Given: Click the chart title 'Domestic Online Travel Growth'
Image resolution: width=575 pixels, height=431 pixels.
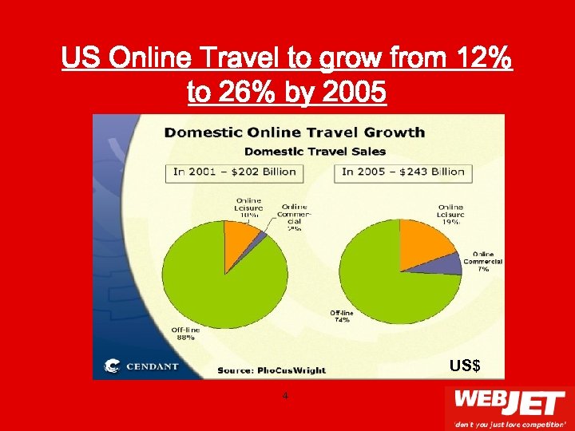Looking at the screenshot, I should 294,132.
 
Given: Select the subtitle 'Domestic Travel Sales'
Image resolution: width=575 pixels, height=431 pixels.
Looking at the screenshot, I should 315,151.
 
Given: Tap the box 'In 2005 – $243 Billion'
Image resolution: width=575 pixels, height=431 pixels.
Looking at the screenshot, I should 405,172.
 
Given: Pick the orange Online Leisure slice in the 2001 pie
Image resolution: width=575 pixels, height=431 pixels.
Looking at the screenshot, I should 237,232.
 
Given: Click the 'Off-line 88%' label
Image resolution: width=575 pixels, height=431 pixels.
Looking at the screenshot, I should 185,333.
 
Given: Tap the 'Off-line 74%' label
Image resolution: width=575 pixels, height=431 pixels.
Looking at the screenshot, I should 342,316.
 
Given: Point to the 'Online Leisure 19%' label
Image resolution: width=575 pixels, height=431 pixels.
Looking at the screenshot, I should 450,215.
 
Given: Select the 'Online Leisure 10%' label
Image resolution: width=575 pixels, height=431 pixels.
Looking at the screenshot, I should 248,208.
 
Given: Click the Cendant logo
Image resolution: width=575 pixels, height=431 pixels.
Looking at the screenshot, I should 142,367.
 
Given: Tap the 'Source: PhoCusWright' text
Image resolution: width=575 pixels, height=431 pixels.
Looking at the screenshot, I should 272,370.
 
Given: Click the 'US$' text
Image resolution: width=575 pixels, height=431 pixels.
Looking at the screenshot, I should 464,366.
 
